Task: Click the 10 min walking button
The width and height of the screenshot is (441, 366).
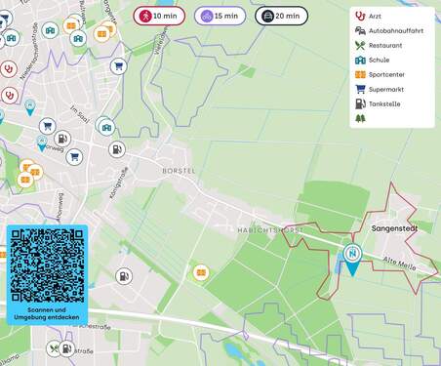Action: (158, 16)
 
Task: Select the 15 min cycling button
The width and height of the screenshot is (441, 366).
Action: (220, 16)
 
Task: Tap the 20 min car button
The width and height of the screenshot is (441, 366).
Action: (281, 16)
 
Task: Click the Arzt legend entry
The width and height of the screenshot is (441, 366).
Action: (375, 17)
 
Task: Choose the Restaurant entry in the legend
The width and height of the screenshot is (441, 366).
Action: (384, 45)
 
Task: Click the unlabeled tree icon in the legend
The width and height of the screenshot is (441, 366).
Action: (360, 118)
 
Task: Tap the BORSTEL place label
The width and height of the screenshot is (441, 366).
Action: (179, 171)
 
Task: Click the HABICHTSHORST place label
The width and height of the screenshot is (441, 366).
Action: (270, 229)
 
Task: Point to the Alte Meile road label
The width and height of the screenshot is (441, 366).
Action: (402, 262)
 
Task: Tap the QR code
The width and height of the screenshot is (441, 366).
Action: (47, 264)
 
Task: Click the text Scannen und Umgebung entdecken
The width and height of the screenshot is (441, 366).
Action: (47, 313)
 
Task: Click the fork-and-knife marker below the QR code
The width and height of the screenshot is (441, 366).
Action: (55, 347)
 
